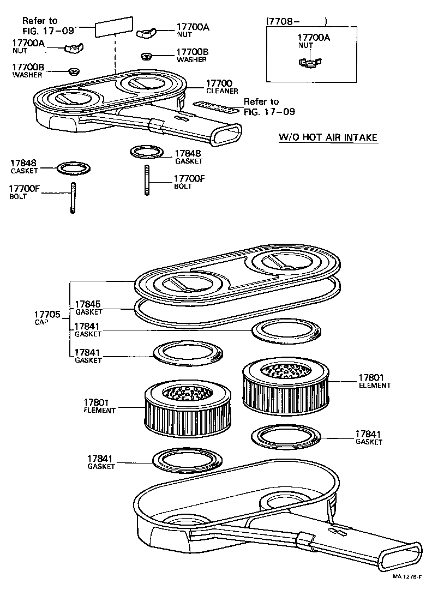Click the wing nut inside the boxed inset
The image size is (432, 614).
pyautogui.click(x=309, y=63)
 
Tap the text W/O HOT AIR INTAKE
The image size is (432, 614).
pyautogui.click(x=328, y=137)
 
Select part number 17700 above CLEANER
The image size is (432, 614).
pyautogui.click(x=219, y=83)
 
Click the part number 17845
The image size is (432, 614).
pyautogui.click(x=88, y=304)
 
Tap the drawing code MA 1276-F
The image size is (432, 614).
pyautogui.click(x=408, y=574)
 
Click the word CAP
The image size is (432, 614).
pyautogui.click(x=41, y=322)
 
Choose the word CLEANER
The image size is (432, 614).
pyautogui.click(x=222, y=91)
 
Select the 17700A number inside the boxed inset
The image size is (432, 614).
pyautogui.click(x=314, y=38)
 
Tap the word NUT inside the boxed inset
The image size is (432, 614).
pyautogui.click(x=305, y=46)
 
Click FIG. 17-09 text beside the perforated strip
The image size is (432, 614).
pyautogui.click(x=269, y=112)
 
